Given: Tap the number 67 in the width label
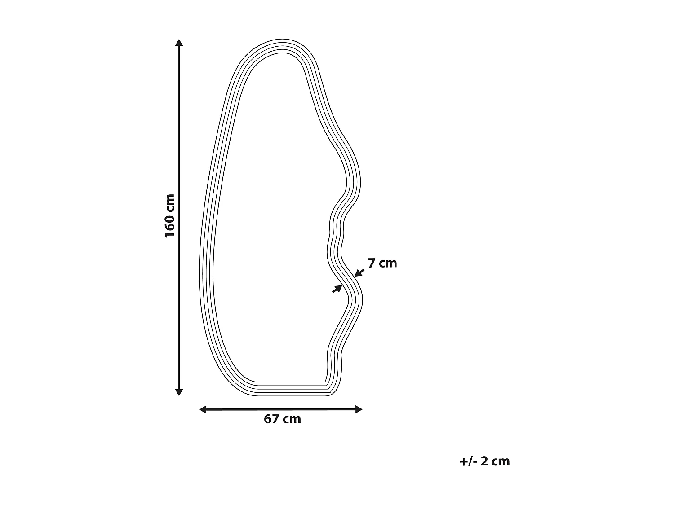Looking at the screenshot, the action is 271,419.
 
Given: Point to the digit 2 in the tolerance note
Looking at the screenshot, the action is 484,461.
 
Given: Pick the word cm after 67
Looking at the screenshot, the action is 292,419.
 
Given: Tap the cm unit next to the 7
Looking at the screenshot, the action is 388,263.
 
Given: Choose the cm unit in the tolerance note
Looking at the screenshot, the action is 501,462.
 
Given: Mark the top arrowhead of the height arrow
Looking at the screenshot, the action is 179,43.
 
